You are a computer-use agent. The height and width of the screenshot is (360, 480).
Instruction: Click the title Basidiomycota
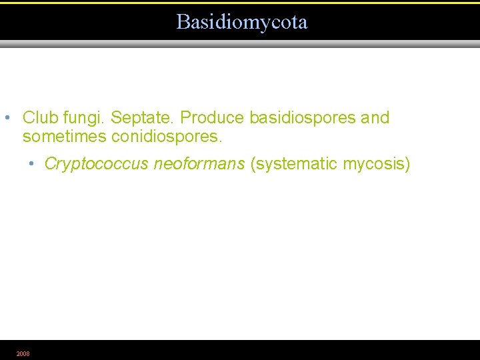(242, 22)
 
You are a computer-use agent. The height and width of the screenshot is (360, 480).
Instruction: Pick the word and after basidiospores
(375, 118)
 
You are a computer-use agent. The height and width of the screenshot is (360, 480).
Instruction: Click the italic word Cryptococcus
(97, 165)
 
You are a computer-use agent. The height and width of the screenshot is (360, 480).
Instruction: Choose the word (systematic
(294, 165)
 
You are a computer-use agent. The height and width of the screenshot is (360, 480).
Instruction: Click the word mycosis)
(377, 165)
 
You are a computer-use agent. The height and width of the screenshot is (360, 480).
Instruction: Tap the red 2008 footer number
(23, 353)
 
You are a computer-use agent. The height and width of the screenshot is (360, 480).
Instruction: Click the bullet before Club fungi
(6, 119)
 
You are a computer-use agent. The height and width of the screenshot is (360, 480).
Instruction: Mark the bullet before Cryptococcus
(32, 165)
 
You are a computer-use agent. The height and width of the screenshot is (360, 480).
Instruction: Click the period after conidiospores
(220, 142)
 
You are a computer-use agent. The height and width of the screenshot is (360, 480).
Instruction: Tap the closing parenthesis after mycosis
(407, 165)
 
